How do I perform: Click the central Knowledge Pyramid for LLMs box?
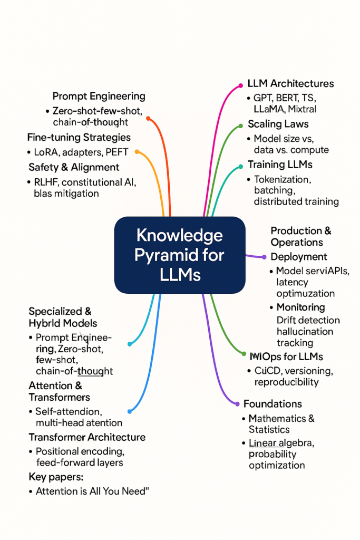(180, 255)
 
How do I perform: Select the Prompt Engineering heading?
(99, 96)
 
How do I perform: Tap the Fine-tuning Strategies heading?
(79, 138)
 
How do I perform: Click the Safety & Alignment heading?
(74, 167)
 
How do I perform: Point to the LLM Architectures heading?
(290, 83)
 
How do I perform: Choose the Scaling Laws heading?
(278, 124)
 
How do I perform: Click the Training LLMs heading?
(280, 165)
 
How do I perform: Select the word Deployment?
(299, 257)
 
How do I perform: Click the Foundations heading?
(273, 404)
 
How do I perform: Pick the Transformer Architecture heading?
(87, 437)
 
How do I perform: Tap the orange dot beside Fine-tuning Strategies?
(138, 152)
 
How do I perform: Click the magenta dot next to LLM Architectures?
(241, 84)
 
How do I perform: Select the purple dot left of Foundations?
(237, 404)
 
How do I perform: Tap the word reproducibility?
(286, 382)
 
